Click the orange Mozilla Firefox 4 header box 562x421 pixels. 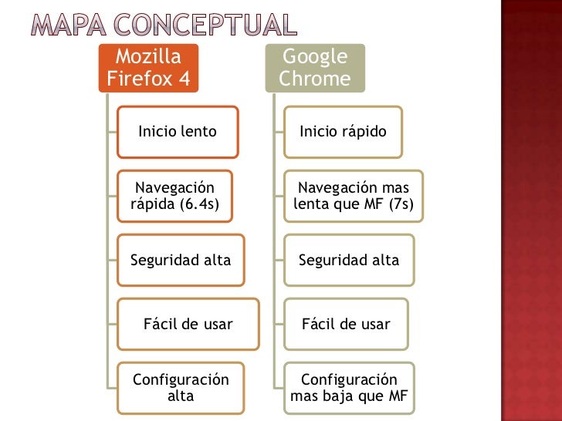coord(148,68)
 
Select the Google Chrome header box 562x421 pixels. coord(315,68)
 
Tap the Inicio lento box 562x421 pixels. coord(178,132)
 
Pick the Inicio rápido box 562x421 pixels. coord(343,132)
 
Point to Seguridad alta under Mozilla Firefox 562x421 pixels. coord(181,261)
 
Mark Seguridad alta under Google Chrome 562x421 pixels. coord(349,261)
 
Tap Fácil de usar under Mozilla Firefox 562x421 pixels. coord(188,325)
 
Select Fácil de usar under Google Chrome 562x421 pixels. coord(346,325)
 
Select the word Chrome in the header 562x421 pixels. coord(315,79)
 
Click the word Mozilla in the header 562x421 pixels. coord(148,57)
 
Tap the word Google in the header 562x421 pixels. coord(315,57)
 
